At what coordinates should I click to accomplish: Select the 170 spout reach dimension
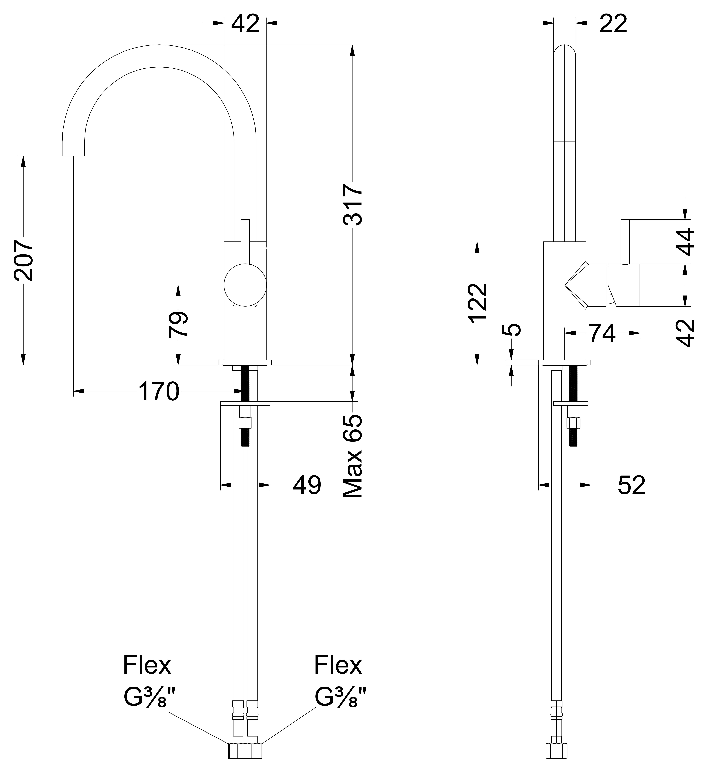click(158, 391)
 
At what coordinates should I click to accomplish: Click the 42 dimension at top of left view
click(245, 24)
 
